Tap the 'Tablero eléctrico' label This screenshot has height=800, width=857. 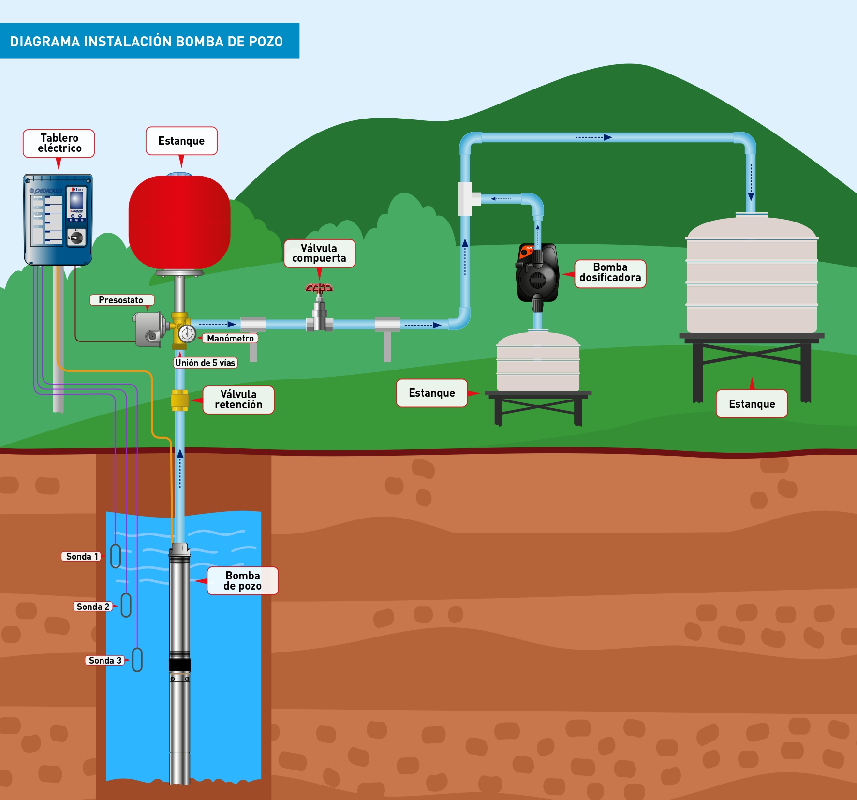tap(59, 143)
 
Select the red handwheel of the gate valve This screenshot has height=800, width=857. tap(319, 288)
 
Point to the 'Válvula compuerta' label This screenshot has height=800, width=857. tap(319, 253)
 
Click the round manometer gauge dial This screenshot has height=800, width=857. tap(187, 333)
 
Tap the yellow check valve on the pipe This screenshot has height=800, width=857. tap(179, 400)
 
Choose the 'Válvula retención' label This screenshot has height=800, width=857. tap(238, 400)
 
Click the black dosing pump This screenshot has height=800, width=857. tap(537, 273)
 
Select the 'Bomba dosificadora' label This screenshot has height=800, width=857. tap(610, 273)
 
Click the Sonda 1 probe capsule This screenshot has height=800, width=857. tap(116, 556)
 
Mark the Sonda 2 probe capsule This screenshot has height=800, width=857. tap(126, 605)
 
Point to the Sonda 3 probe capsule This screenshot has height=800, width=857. tap(137, 660)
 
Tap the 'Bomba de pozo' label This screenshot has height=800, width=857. tap(242, 580)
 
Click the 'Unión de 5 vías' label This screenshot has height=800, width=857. tap(206, 363)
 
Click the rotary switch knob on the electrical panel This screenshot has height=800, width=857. tap(76, 237)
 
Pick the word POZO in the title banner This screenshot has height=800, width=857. tap(266, 42)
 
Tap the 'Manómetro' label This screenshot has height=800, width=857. tap(230, 338)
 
